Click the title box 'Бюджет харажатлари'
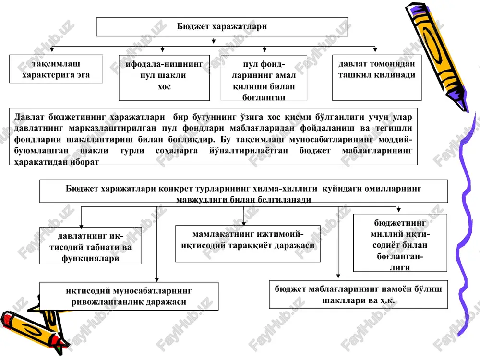coord(222,27)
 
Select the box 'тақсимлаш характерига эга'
coord(56,69)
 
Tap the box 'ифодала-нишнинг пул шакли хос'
coord(164,78)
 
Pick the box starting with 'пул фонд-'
coord(264,78)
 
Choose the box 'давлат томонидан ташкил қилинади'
coord(377,78)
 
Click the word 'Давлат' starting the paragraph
coord(29,117)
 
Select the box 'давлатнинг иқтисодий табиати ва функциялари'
coord(91,245)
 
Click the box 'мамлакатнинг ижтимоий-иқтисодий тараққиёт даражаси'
coord(248,244)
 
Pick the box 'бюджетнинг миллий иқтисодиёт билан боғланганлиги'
coord(400,243)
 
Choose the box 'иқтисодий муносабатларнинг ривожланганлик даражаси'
coord(129,296)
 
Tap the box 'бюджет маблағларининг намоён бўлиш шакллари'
coord(359,295)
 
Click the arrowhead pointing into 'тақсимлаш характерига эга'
coord(52,49)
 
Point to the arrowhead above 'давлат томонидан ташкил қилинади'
coord(375,49)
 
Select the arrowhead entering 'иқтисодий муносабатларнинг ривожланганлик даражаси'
coord(157,279)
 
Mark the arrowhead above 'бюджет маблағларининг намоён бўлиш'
coord(338,276)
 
